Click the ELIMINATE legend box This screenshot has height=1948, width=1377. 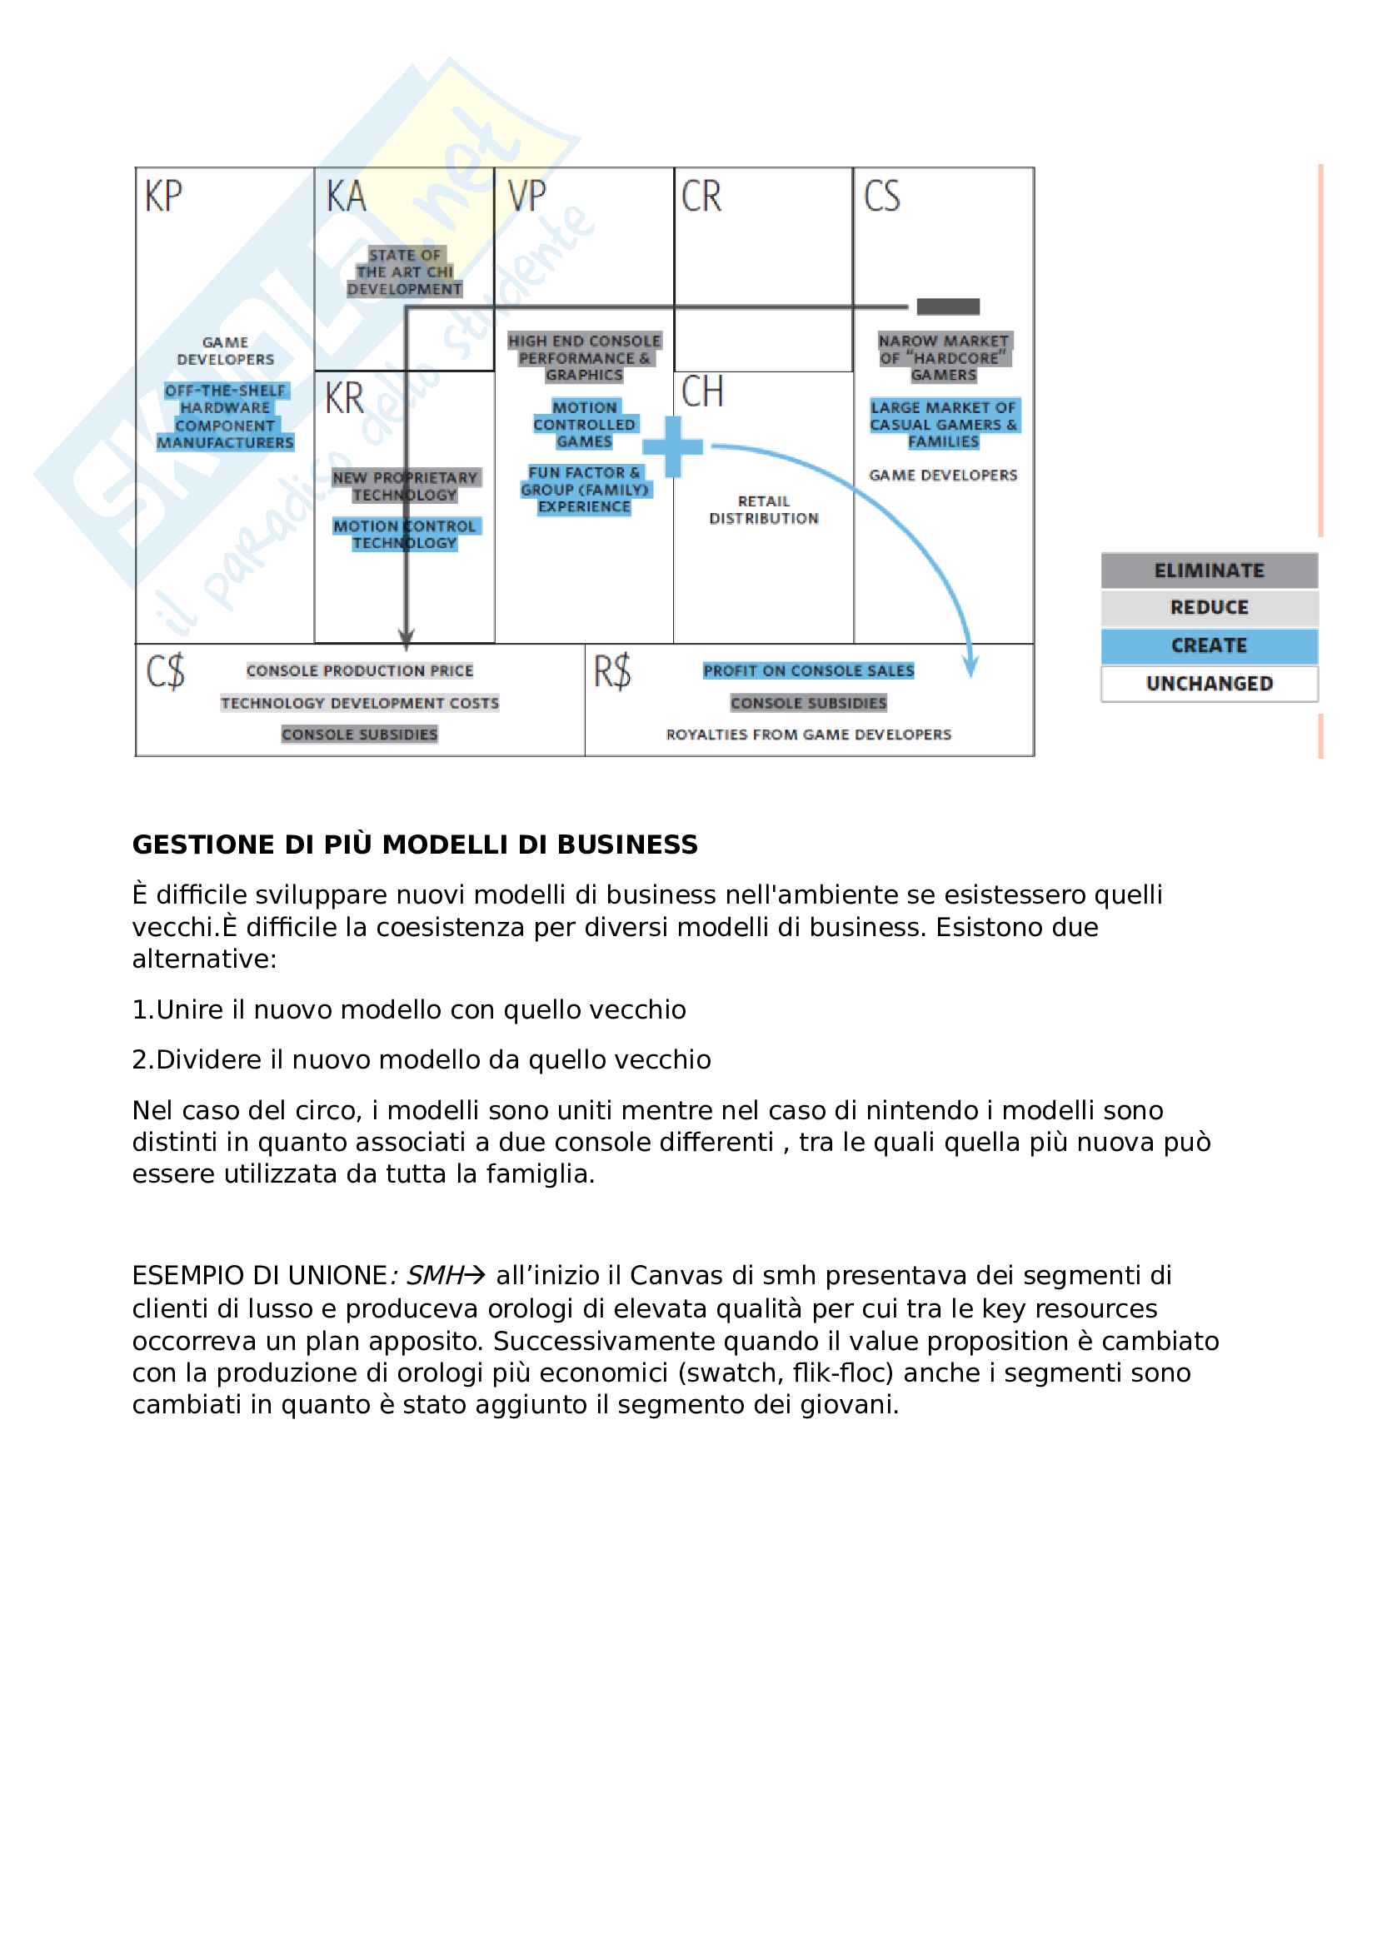(x=1208, y=570)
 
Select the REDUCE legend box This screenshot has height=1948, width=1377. (x=1208, y=607)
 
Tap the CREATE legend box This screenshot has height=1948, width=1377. (x=1208, y=645)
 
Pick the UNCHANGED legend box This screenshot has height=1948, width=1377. (x=1208, y=684)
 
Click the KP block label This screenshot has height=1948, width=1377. (x=163, y=197)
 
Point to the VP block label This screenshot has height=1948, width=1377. (x=526, y=197)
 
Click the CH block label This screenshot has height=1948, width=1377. (x=701, y=392)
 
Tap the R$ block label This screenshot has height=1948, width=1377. (x=611, y=672)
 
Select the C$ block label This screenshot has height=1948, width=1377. (x=165, y=672)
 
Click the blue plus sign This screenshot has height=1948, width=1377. (x=672, y=446)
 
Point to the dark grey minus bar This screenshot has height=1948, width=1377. (x=948, y=306)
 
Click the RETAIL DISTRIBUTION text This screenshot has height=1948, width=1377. (x=764, y=510)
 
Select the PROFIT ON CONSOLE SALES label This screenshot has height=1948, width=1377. (x=808, y=670)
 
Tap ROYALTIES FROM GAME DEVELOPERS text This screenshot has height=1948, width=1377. (x=808, y=735)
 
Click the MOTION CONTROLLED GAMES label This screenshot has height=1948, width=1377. (x=584, y=424)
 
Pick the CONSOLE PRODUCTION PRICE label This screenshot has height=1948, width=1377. (x=360, y=670)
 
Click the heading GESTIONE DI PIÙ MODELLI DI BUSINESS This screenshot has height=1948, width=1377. (x=415, y=845)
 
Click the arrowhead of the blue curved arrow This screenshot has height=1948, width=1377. (x=971, y=667)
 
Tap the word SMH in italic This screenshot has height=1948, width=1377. (x=434, y=1276)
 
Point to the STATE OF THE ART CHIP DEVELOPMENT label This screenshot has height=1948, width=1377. (x=405, y=272)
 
